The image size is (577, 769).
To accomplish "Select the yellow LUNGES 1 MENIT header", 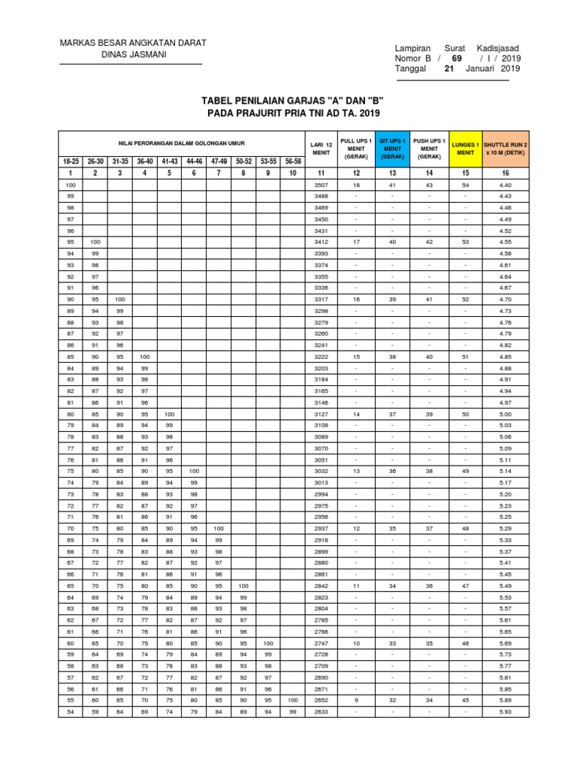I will coord(466,149).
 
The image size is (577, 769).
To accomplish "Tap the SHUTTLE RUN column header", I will coord(505,149).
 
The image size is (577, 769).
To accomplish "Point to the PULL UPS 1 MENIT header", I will coord(356,149).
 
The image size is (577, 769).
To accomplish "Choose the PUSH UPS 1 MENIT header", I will coord(430,149).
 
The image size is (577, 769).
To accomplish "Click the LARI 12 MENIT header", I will coord(321,149).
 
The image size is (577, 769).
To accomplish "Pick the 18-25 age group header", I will coord(71,161).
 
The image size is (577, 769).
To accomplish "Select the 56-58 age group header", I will coord(293,161).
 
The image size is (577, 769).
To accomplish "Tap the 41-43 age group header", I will coord(169,161).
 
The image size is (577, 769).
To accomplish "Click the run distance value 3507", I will coord(321,185).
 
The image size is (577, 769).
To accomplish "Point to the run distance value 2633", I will coord(321,712).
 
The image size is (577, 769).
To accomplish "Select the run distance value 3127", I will coord(321,414).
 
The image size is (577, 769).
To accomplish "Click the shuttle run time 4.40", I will coord(505,185).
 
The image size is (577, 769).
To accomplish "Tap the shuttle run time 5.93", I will coord(505,712).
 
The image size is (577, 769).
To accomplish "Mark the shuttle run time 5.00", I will coord(505,414).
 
